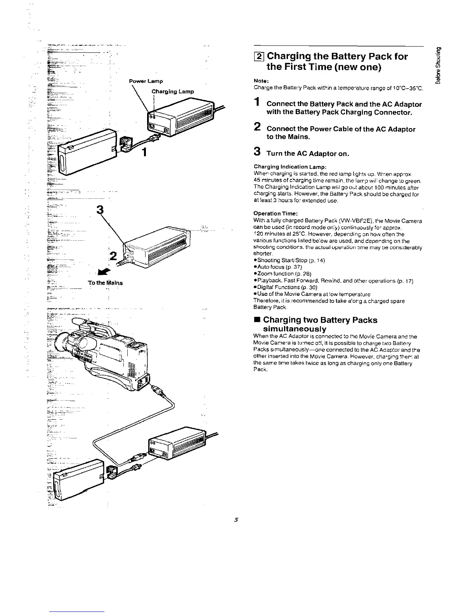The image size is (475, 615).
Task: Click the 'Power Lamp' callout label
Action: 146,81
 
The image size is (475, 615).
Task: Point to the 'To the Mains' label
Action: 105,283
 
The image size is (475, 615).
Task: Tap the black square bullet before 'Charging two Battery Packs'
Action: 257,320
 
